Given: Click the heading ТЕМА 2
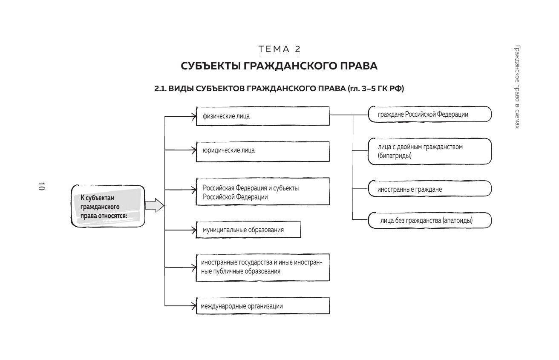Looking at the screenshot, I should (x=279, y=49).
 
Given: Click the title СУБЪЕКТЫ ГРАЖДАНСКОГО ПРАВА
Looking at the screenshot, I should (x=279, y=66).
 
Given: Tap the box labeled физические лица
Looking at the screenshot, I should (x=262, y=116).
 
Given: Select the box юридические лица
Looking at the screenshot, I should (x=262, y=151).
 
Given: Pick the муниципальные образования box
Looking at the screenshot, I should (x=248, y=230).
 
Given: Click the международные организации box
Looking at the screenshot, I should (x=262, y=306).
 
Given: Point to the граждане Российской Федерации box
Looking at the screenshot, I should (x=429, y=115).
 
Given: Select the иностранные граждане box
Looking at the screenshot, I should (x=429, y=189).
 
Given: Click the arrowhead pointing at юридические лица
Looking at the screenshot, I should (x=194, y=150).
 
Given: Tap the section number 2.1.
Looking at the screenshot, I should (x=160, y=89).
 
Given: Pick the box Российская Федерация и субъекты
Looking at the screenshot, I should (x=262, y=192).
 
